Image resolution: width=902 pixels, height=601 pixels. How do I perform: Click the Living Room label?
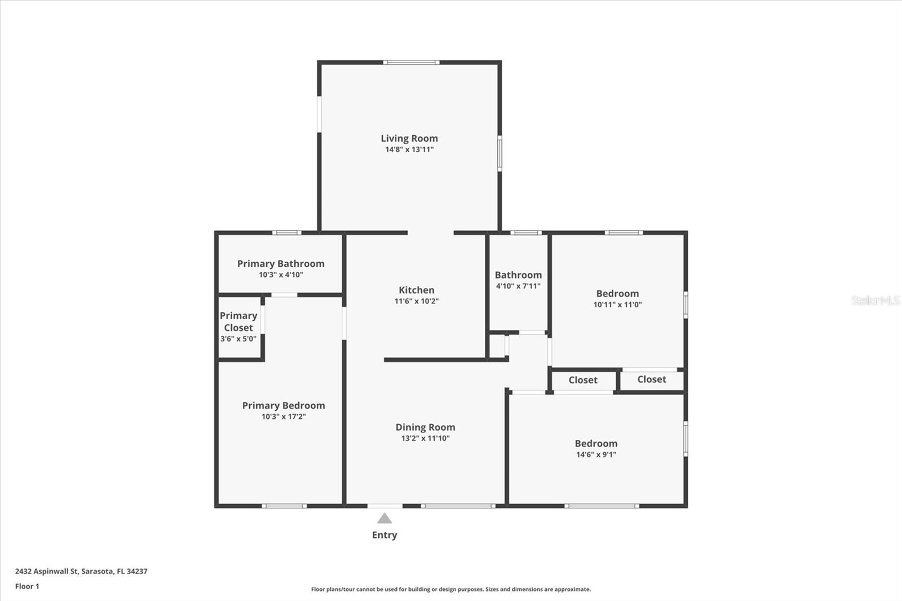pos(409,138)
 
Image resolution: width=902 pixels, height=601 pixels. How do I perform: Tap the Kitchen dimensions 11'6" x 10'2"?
pos(416,301)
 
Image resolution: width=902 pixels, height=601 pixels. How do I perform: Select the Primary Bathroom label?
pos(281,263)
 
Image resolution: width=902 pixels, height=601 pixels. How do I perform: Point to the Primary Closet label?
pos(238,321)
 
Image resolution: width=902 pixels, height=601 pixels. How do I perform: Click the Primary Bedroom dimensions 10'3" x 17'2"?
pos(283,417)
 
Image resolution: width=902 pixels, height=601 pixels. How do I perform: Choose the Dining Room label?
pos(425,427)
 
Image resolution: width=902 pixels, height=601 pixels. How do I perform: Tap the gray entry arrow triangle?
pos(384,519)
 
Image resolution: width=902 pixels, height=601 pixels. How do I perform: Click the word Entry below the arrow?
pos(384,535)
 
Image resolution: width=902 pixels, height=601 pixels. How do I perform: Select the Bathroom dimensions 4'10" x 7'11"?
pos(518,286)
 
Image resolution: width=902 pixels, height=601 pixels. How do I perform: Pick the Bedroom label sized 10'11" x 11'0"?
pos(617,293)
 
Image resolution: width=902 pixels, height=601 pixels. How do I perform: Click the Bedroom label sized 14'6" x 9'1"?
pos(596,443)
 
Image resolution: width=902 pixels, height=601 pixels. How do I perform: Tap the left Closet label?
pos(583,380)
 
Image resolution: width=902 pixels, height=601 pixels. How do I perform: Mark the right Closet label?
pos(652,379)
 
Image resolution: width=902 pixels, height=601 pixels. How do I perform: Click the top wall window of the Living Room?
pos(411,62)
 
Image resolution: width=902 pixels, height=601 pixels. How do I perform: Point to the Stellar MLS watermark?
pos(875,300)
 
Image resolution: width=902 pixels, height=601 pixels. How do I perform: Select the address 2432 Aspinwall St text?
pos(81,571)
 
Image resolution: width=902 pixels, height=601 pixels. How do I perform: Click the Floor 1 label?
pos(27,586)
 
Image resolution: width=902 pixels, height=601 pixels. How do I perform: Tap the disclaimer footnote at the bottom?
pos(450,589)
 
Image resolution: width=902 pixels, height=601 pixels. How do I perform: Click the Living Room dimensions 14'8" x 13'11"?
pos(409,149)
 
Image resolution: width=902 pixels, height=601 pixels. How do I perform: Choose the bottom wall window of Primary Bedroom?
pos(284,506)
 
